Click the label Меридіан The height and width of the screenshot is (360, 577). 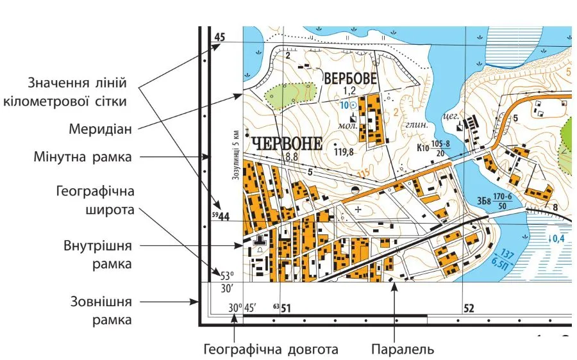click(100, 129)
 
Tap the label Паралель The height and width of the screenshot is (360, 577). click(403, 349)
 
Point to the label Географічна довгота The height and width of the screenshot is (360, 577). click(270, 349)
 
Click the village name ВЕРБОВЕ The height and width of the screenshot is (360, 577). click(351, 77)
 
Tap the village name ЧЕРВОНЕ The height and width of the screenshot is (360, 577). click(287, 143)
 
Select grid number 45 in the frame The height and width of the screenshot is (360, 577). click(220, 38)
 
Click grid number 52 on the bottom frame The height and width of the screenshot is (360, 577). click(469, 309)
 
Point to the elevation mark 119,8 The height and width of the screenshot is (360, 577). click(344, 152)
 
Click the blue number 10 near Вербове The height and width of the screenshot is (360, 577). click(344, 104)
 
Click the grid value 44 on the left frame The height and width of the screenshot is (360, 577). click(223, 217)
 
